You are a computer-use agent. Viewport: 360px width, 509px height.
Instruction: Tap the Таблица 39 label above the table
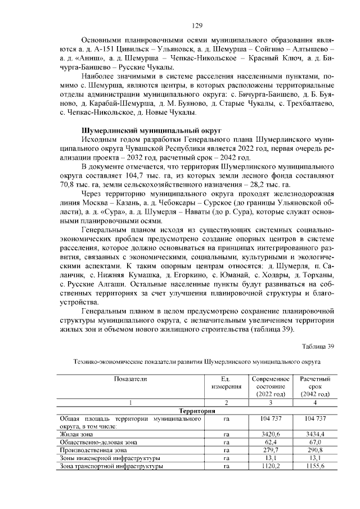(317, 345)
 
